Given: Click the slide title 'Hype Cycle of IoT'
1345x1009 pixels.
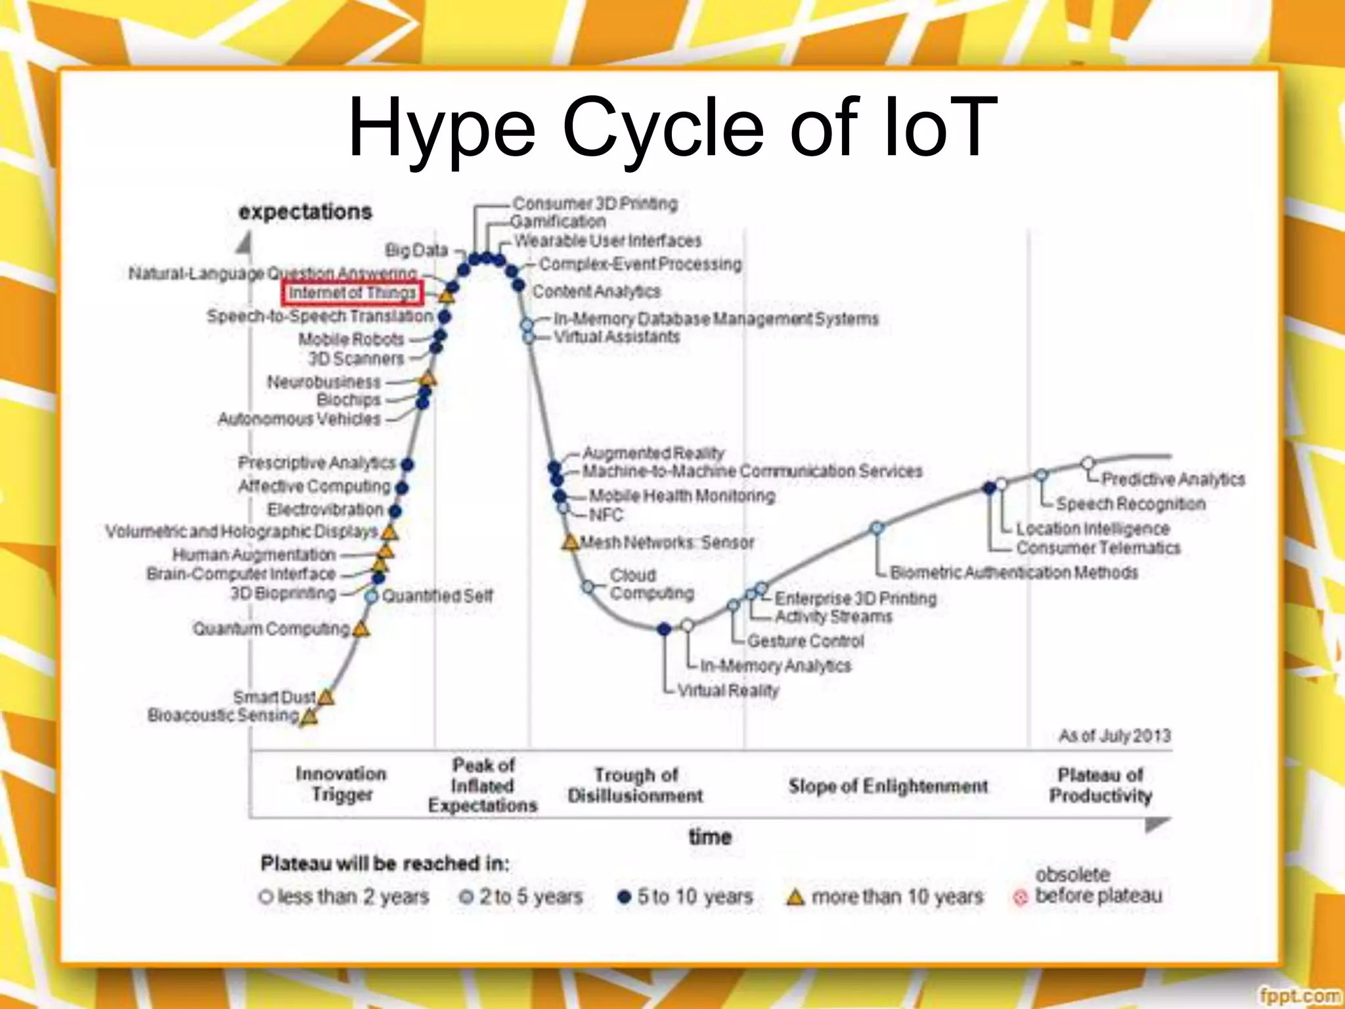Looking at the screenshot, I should tap(672, 128).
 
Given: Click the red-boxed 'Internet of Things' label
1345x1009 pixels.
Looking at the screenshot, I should tap(353, 293).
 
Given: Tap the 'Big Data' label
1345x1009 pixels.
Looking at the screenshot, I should tap(416, 250).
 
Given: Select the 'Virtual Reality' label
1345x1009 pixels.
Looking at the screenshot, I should tap(728, 690).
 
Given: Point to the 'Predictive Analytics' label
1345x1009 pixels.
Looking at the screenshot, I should tap(1173, 479).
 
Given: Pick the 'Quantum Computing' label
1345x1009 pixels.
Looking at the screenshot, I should tap(271, 629).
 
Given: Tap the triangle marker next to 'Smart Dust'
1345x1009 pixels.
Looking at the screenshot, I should tap(326, 697).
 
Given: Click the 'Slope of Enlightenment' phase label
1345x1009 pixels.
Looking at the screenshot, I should tap(888, 786).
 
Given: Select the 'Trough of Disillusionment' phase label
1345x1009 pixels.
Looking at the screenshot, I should tap(635, 785).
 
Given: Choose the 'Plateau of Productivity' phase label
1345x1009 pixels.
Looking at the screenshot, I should tap(1100, 785).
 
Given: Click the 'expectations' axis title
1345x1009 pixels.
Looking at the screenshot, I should tap(305, 212).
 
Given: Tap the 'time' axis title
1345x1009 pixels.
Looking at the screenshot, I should tap(710, 837).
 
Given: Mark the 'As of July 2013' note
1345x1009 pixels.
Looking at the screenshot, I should tap(1114, 735).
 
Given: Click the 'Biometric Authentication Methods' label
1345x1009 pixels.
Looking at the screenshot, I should tap(1013, 573).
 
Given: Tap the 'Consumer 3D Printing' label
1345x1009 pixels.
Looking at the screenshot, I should tap(594, 204).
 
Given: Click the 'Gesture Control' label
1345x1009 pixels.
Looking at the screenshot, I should tap(805, 640).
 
